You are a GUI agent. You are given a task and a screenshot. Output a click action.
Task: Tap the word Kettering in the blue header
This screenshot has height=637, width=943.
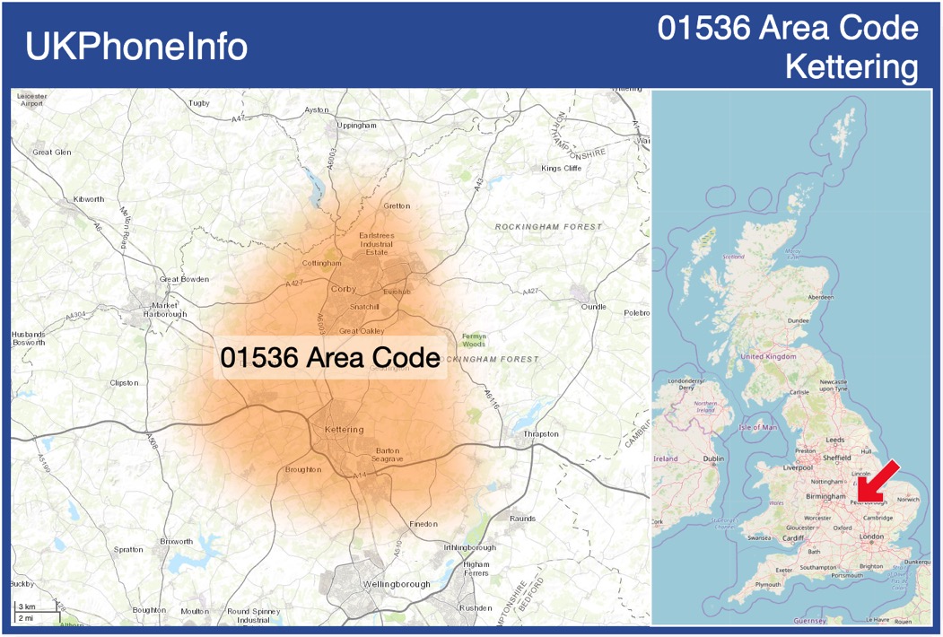click(851, 67)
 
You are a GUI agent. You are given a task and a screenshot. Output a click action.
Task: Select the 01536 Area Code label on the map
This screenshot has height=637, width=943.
click(330, 358)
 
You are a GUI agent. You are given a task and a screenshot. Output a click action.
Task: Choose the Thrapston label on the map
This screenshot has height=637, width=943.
click(540, 434)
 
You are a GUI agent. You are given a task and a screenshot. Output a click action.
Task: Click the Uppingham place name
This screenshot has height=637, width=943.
click(356, 126)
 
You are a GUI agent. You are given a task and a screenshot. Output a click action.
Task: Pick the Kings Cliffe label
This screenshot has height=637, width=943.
click(562, 169)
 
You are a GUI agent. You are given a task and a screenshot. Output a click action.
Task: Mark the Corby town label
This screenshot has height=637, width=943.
click(344, 289)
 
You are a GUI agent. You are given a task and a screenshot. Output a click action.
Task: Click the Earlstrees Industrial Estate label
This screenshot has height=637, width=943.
click(377, 243)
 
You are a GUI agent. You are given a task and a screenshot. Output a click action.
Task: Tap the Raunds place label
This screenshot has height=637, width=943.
click(522, 519)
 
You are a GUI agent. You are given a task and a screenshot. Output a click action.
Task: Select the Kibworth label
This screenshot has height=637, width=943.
click(88, 199)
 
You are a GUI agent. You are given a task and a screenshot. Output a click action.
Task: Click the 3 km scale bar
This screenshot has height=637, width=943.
click(27, 607)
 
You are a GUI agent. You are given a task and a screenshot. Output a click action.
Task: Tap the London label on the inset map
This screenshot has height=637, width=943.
click(871, 537)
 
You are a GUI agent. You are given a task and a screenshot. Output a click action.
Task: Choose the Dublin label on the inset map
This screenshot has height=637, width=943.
click(714, 459)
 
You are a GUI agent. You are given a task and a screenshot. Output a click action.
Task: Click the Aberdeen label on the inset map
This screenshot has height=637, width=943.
click(820, 297)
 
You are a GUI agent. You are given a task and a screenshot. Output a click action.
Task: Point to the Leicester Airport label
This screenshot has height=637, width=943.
click(31, 99)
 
